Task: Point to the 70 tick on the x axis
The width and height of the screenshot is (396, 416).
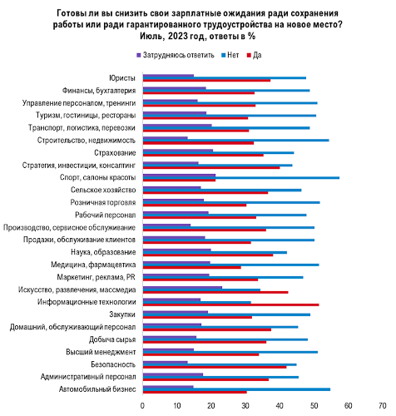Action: tap(382, 404)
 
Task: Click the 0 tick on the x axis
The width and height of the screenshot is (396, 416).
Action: tap(144, 404)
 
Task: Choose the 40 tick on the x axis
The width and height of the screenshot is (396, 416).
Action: tap(280, 404)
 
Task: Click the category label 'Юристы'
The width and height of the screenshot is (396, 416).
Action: tap(123, 78)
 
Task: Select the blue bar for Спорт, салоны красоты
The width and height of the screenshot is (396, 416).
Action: tap(241, 177)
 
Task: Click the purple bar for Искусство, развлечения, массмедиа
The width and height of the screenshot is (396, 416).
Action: tap(183, 287)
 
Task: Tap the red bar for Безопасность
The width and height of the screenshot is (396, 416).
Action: tap(215, 367)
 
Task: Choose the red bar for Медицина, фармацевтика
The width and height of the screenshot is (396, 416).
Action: tap(192, 268)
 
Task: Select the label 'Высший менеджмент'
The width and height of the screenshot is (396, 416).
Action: tap(103, 352)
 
